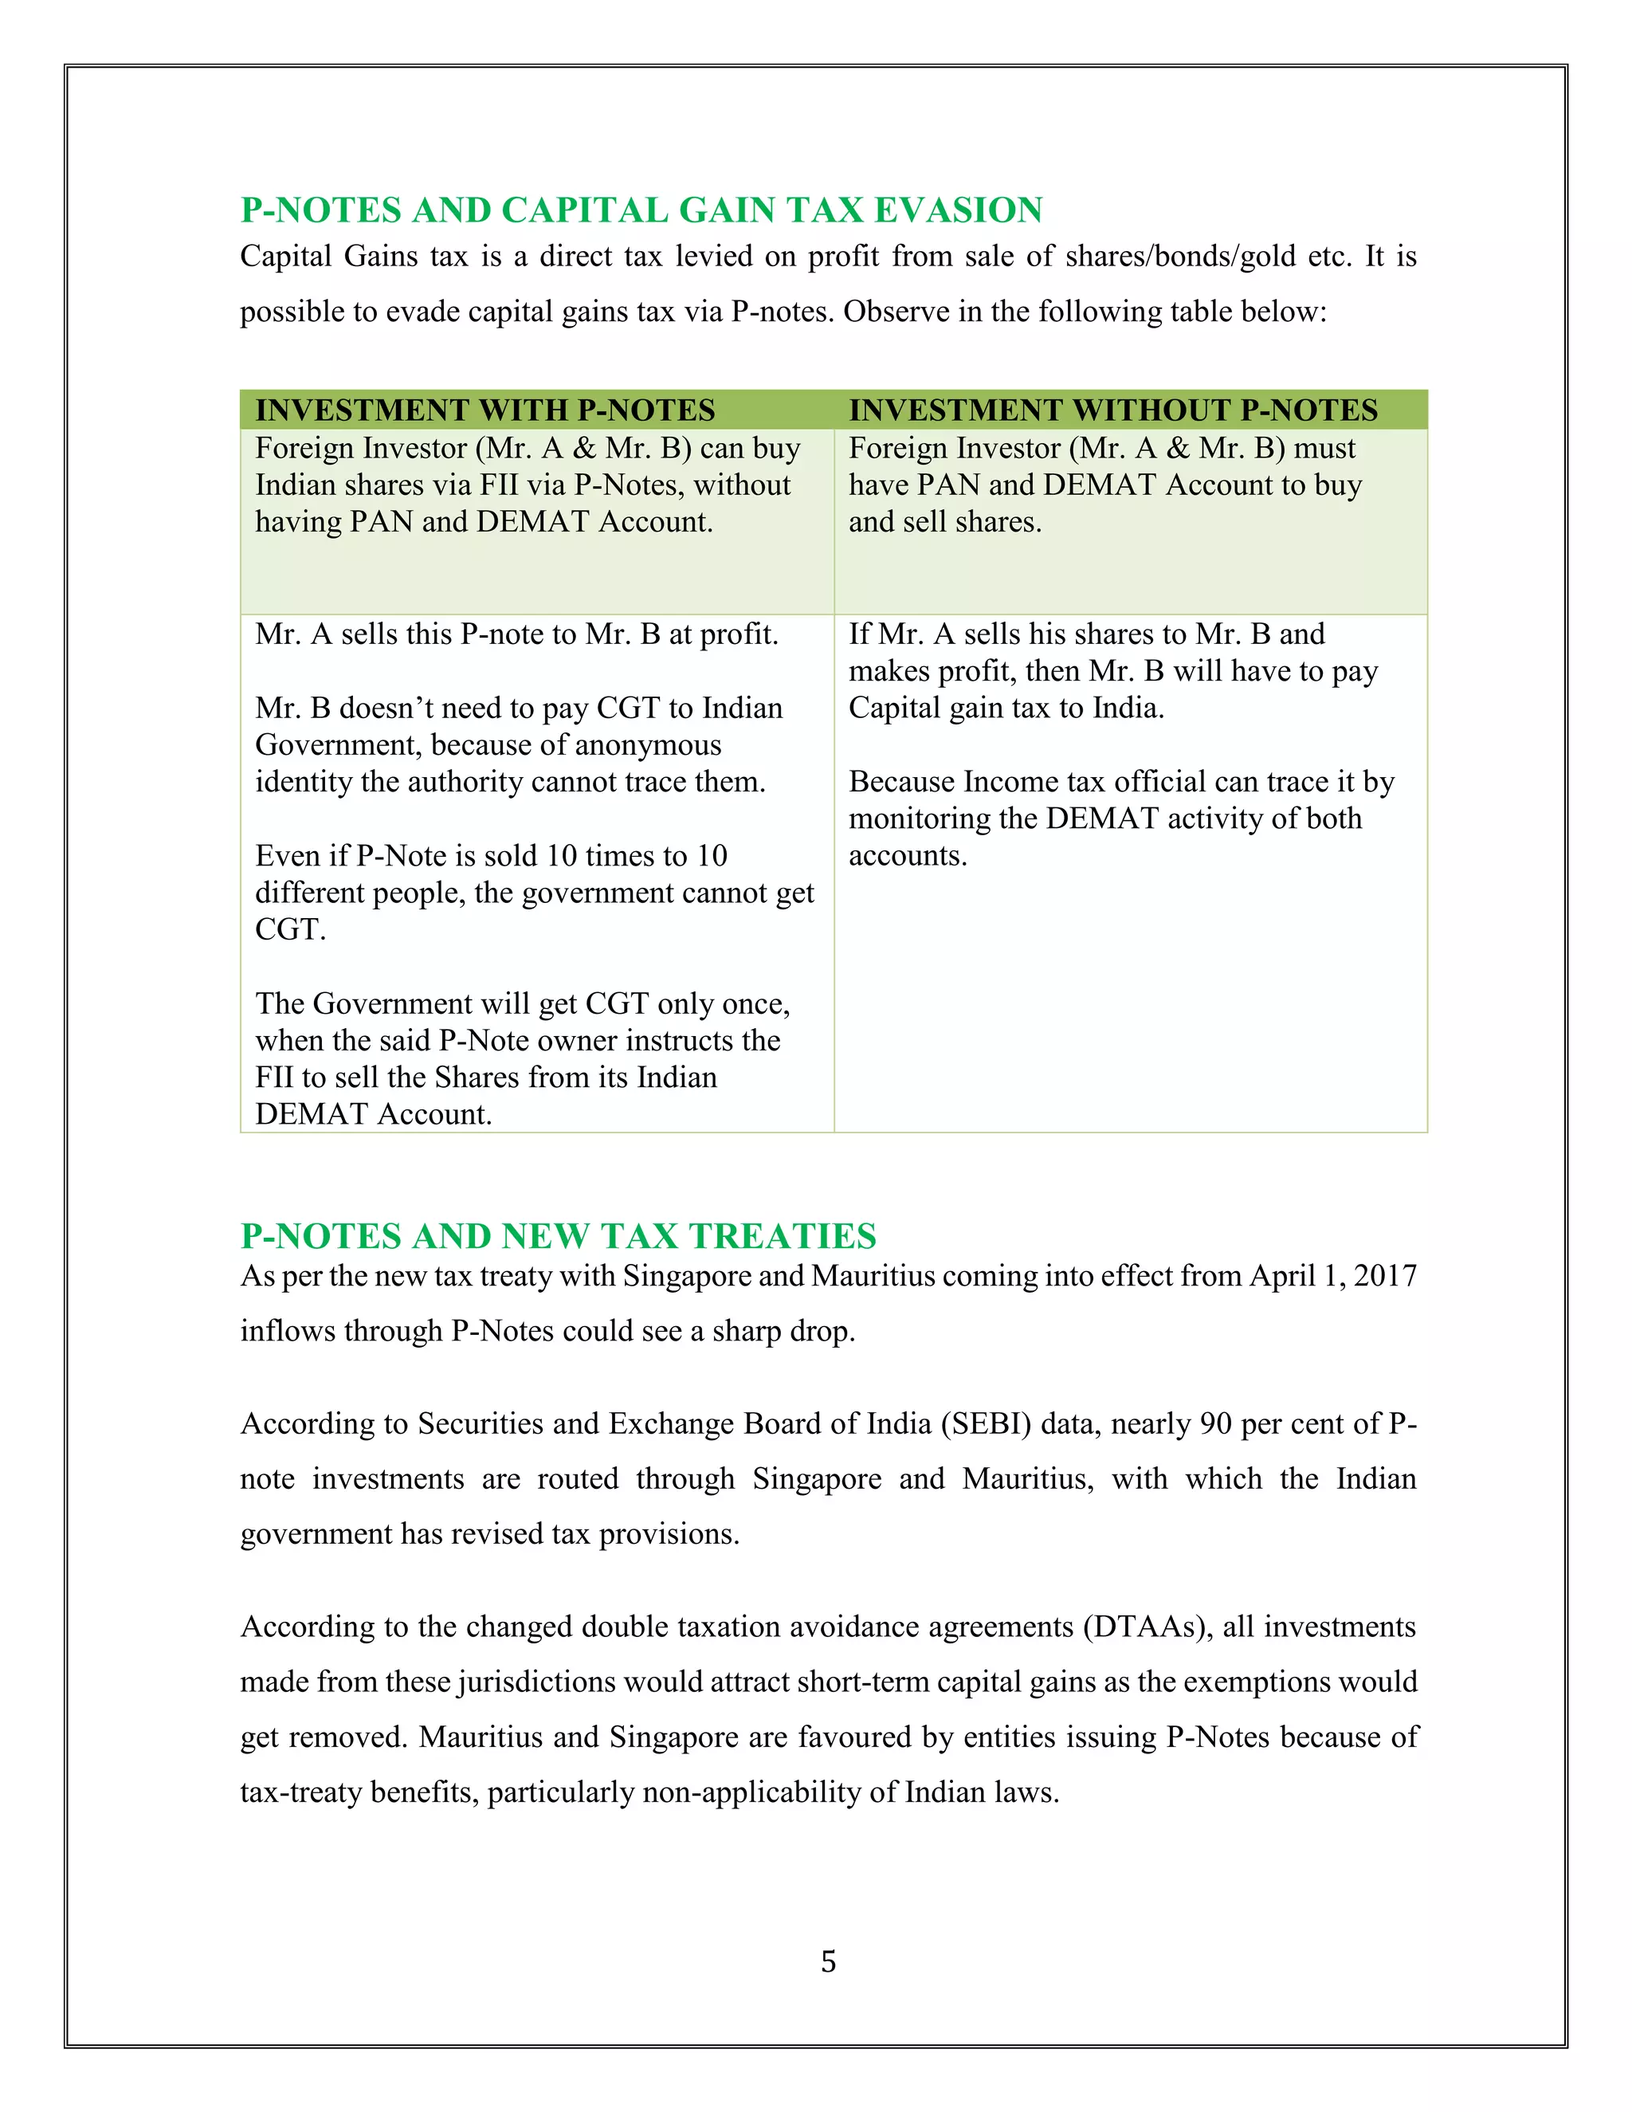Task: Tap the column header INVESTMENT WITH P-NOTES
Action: (x=485, y=410)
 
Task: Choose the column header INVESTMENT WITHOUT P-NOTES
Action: (x=1112, y=410)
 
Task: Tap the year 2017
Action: (x=1386, y=1277)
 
